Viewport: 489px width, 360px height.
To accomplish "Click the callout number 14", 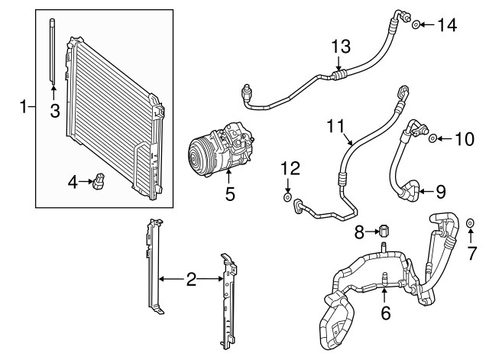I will pyautogui.click(x=446, y=25).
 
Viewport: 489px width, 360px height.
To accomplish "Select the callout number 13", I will pyautogui.click(x=341, y=47).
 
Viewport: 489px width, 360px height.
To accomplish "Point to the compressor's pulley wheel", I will pyautogui.click(x=201, y=155).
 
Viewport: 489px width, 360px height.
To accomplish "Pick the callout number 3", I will pyautogui.click(x=54, y=112).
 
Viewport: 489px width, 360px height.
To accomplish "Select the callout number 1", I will pyautogui.click(x=23, y=106).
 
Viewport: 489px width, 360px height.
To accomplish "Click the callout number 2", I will pyautogui.click(x=191, y=281).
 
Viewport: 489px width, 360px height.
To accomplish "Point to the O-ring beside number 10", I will pyautogui.click(x=432, y=139).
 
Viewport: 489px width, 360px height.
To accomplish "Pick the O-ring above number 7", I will pyautogui.click(x=470, y=223).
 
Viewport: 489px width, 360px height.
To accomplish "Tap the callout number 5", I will pyautogui.click(x=229, y=195).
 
